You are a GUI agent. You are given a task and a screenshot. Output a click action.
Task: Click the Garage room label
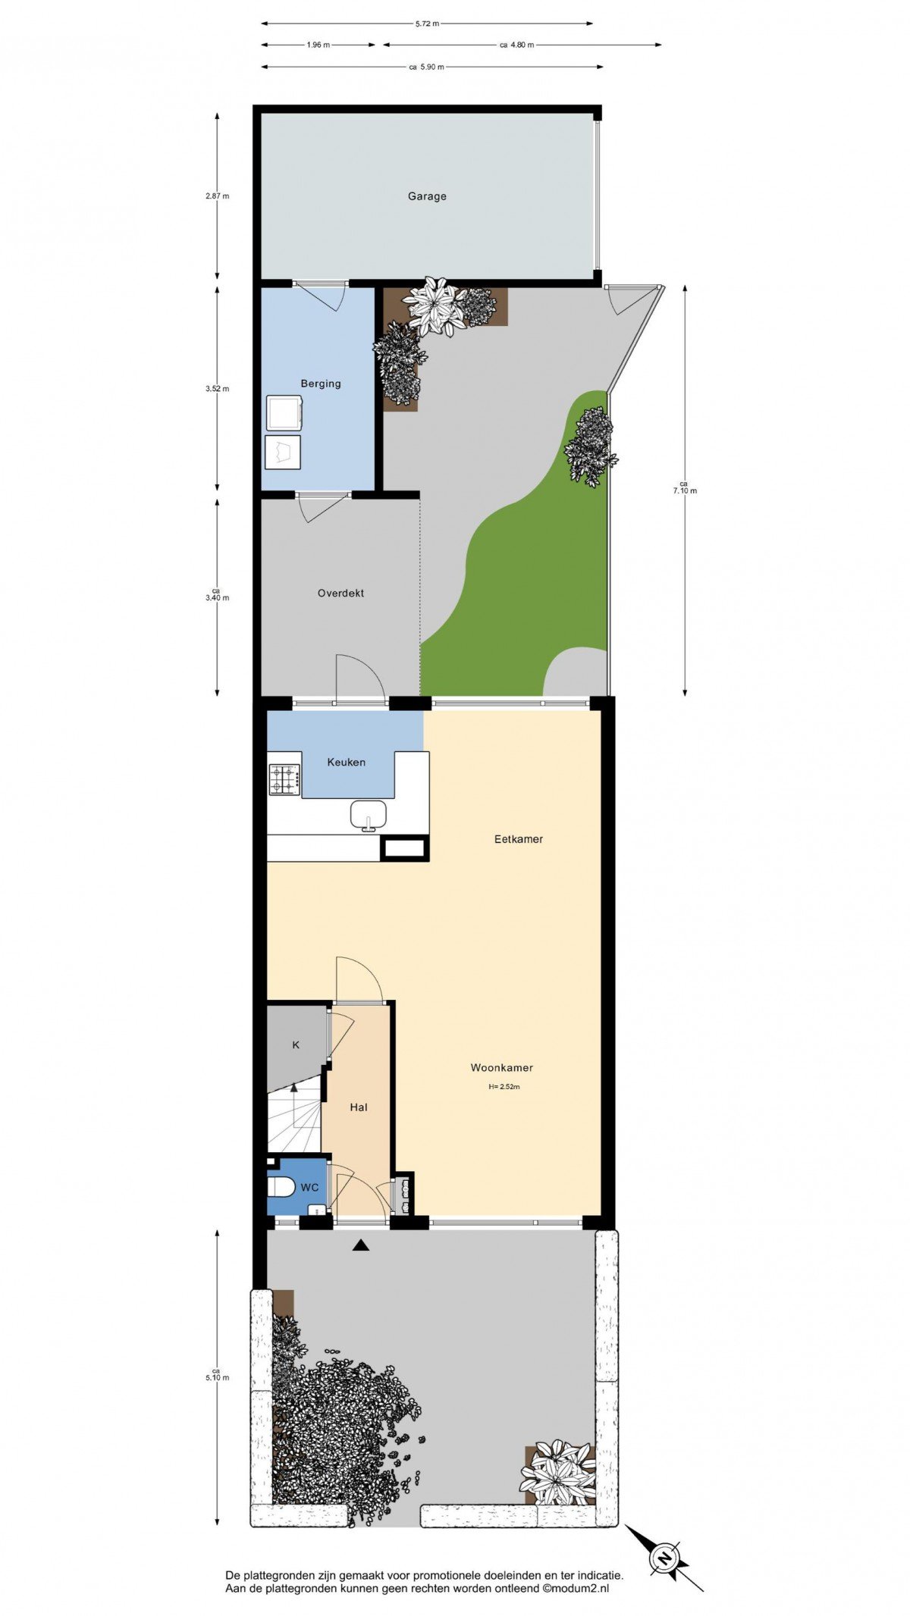pyautogui.click(x=427, y=196)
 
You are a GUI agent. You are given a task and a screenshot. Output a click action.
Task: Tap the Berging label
pyautogui.click(x=321, y=384)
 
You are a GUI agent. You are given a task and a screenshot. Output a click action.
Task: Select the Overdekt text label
pyautogui.click(x=340, y=593)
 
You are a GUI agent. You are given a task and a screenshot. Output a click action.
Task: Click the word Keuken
pyautogui.click(x=346, y=762)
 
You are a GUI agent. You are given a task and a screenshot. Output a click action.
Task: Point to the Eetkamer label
pyautogui.click(x=519, y=839)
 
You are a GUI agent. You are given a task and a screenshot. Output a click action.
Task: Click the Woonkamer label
pyautogui.click(x=502, y=1067)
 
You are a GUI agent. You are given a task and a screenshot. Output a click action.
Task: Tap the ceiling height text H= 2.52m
pyautogui.click(x=504, y=1086)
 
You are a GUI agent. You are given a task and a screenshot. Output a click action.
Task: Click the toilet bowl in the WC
pyautogui.click(x=281, y=1187)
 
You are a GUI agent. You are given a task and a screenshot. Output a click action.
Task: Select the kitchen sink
pyautogui.click(x=369, y=816)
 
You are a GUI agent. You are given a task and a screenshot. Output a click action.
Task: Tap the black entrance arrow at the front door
pyautogui.click(x=360, y=1244)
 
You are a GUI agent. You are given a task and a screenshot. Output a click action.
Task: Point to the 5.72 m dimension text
pyautogui.click(x=427, y=23)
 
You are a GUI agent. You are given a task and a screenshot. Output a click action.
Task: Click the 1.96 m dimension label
pyautogui.click(x=318, y=45)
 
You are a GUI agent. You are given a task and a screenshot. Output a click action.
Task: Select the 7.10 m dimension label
pyautogui.click(x=685, y=487)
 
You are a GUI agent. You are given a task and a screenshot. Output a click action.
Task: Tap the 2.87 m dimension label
pyautogui.click(x=217, y=196)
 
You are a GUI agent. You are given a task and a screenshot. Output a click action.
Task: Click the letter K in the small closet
pyautogui.click(x=296, y=1044)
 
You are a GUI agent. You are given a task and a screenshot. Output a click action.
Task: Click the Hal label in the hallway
pyautogui.click(x=359, y=1107)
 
